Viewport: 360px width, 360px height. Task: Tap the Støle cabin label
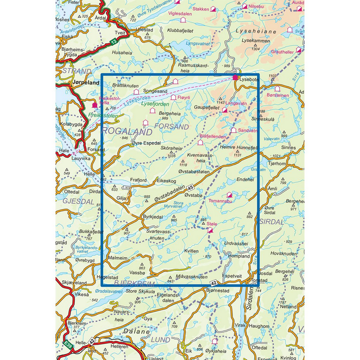tap(212, 224)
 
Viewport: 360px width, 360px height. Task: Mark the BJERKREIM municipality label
tap(134, 284)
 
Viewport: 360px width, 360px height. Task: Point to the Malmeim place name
tap(118, 257)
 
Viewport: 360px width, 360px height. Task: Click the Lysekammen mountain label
tap(256, 41)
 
